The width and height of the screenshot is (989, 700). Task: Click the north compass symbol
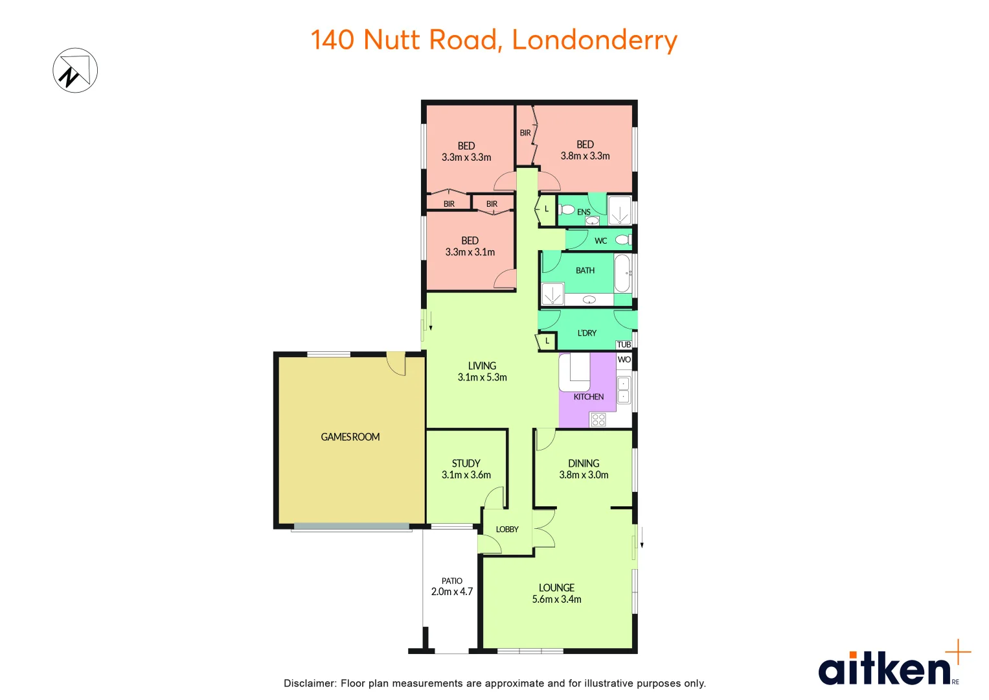tap(75, 71)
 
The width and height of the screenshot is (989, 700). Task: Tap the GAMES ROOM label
tap(350, 437)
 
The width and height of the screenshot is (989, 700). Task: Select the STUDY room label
tap(466, 463)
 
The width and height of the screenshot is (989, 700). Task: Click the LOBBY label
tap(507, 530)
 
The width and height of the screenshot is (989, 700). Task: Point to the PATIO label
tap(452, 581)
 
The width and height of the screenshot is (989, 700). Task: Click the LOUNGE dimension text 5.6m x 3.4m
tap(556, 600)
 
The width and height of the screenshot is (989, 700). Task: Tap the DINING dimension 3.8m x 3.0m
tap(584, 475)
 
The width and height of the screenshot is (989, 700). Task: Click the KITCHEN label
tap(588, 397)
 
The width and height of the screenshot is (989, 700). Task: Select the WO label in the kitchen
tap(624, 360)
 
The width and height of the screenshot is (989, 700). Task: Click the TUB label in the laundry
tap(624, 345)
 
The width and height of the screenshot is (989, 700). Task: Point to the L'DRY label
tap(587, 333)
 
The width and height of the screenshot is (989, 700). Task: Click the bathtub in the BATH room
tap(622, 273)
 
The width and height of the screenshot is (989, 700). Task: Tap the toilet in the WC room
tap(622, 240)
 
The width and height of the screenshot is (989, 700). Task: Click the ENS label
tap(584, 212)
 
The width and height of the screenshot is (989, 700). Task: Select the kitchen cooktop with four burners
tap(598, 419)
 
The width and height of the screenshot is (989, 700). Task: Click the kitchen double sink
tap(623, 390)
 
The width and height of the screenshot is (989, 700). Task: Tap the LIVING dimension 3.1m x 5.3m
tap(482, 377)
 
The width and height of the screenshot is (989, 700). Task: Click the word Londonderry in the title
tap(595, 40)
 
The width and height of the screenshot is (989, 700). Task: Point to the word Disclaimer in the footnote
tap(310, 683)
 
